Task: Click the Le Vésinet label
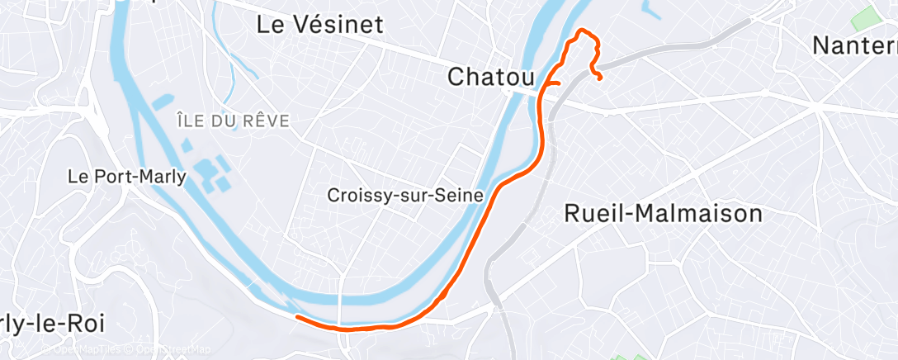pos(320,25)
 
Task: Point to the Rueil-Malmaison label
pos(663,214)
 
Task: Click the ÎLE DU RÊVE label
pos(233,121)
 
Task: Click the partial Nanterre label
pos(855,45)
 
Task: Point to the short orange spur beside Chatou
pos(553,83)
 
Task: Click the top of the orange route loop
pos(584,31)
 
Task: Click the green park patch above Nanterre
pos(867,16)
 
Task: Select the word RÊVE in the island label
pos(266,121)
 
